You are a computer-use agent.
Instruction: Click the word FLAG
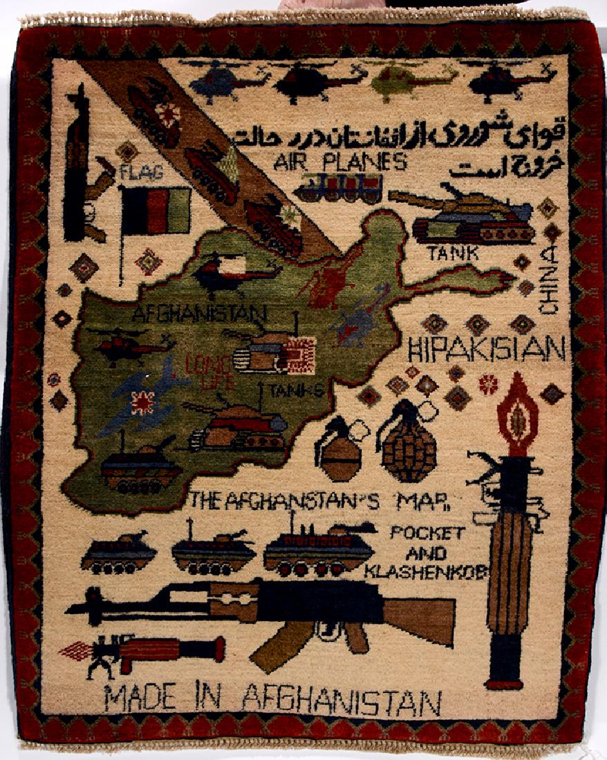point(141,172)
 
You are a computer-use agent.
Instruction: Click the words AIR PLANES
point(339,163)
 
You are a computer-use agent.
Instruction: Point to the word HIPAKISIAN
point(487,349)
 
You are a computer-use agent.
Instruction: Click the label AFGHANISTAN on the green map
point(198,315)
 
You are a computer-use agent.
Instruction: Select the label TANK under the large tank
point(453,254)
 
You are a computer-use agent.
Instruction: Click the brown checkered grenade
point(410,446)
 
